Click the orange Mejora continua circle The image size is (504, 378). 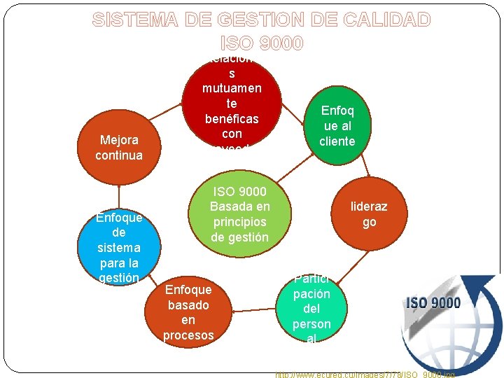119,147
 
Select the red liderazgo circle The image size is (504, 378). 369,213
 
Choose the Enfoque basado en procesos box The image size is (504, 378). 188,311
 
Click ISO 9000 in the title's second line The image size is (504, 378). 262,43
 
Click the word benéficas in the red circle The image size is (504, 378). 232,118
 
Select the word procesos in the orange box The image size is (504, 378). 188,335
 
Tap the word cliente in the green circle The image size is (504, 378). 337,141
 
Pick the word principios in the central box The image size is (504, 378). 239,222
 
